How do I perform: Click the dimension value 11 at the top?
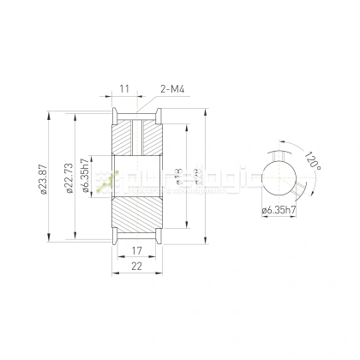pos(124,88)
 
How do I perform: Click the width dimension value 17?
pos(136,251)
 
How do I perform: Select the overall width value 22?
pos(136,267)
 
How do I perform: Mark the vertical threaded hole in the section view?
pos(136,137)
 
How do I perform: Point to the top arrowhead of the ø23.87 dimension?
pos(51,111)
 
